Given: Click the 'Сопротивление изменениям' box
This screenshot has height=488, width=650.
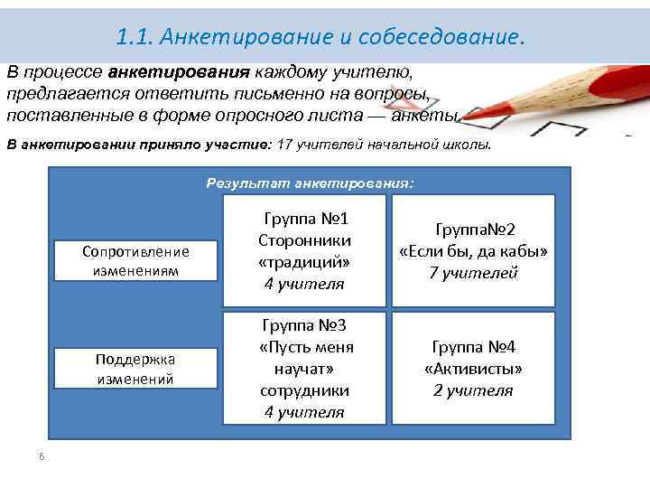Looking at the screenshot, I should point(135,260).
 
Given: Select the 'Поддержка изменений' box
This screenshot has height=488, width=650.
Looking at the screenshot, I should point(135,369).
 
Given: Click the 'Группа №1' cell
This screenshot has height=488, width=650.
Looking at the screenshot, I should point(304,251).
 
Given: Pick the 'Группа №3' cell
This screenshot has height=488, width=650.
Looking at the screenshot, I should point(304,368).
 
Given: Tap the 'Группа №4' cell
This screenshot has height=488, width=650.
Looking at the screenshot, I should point(473,368).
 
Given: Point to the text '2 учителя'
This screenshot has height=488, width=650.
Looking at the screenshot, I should point(473,390).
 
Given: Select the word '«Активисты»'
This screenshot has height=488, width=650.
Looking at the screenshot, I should point(473,369).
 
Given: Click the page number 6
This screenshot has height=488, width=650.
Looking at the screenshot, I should point(42,455).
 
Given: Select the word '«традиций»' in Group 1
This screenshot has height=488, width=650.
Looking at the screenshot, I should point(304,262).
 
